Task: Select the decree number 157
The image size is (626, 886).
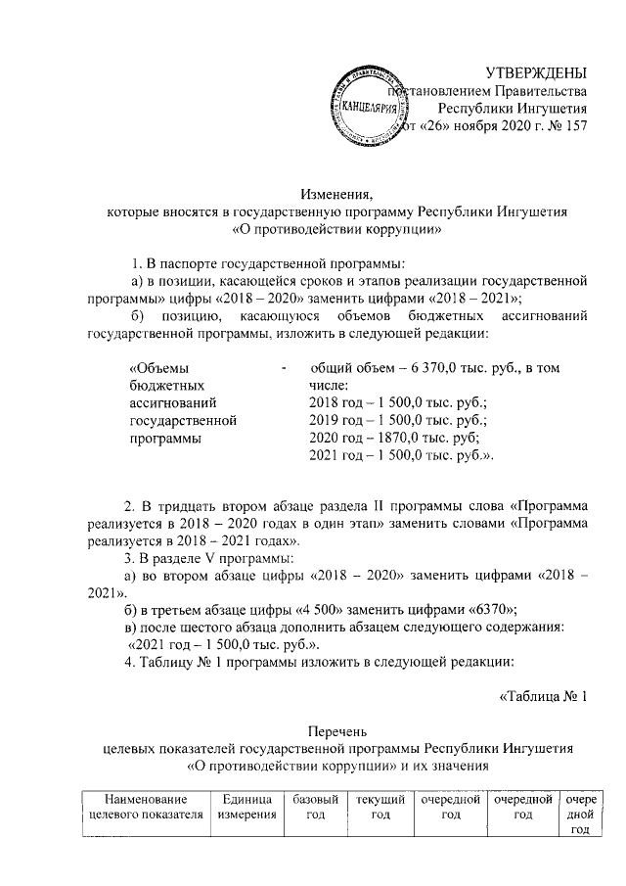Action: pyautogui.click(x=574, y=126)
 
